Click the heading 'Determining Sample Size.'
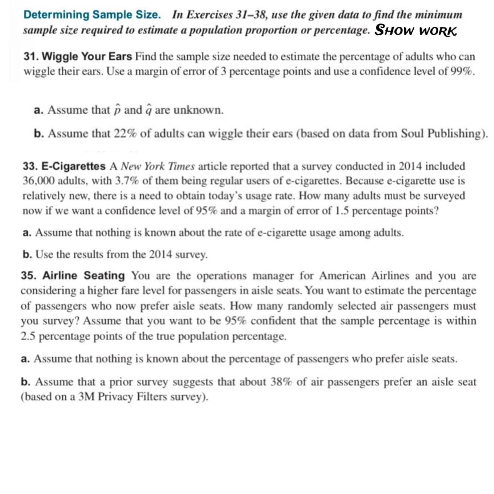click(x=92, y=15)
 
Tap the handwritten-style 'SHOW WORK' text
click(x=415, y=30)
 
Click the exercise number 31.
click(x=31, y=56)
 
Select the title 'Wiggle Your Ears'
click(x=87, y=56)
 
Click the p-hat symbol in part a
click(x=117, y=110)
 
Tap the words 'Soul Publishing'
click(x=443, y=134)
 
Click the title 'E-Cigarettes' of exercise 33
click(x=74, y=166)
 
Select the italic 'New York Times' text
click(x=158, y=166)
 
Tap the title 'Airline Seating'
click(x=84, y=276)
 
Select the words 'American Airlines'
click(x=364, y=276)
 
